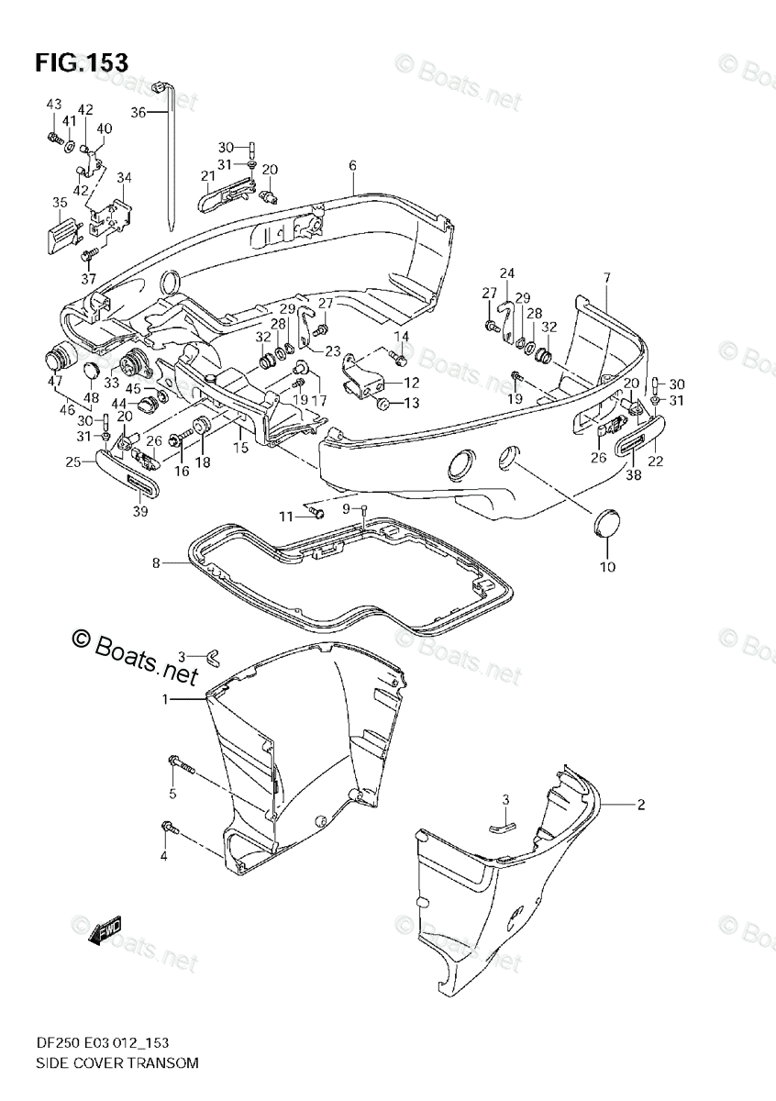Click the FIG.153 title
[81, 62]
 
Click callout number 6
[351, 166]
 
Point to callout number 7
[605, 277]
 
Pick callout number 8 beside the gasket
[156, 562]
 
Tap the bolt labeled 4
[171, 829]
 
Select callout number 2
[641, 805]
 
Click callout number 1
[166, 700]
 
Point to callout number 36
[138, 112]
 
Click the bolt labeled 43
[52, 139]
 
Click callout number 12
[412, 382]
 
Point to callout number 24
[506, 273]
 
